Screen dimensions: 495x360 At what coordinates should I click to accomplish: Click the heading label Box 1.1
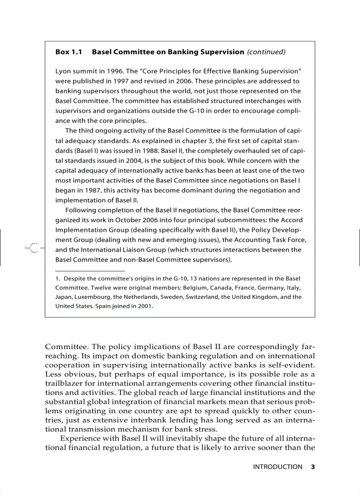(69, 52)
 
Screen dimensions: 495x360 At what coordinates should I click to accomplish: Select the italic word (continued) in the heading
(266, 52)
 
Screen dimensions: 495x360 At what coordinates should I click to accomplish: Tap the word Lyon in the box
(63, 71)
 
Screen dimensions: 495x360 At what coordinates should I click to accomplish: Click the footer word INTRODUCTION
(277, 467)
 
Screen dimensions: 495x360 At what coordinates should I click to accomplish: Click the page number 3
(313, 467)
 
